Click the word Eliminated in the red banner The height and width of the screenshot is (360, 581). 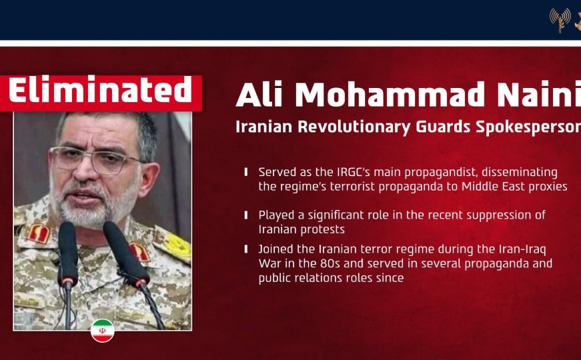point(100,89)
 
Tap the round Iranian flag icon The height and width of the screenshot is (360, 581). point(102,331)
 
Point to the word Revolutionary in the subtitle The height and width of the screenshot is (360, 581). point(355,127)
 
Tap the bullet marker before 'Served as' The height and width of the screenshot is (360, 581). point(246,172)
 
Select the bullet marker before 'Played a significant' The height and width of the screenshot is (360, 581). point(246,215)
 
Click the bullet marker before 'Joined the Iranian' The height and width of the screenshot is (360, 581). point(246,249)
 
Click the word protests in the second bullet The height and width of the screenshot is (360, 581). point(323,229)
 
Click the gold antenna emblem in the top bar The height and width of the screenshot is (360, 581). point(560,20)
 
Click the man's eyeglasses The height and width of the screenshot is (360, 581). point(96,159)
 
